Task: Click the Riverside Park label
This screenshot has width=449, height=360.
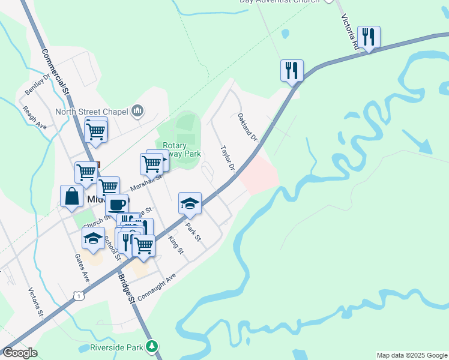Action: coord(116,347)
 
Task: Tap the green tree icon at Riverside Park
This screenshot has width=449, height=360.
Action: coord(152,346)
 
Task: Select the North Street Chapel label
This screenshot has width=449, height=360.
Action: coord(92,111)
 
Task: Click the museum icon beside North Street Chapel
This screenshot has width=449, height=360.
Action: coord(138,110)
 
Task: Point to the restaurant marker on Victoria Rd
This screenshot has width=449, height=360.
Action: coord(369,37)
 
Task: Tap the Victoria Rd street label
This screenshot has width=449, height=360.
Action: coord(351,32)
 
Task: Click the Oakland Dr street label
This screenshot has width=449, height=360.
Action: coord(247,127)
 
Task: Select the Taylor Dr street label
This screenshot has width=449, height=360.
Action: coord(227,158)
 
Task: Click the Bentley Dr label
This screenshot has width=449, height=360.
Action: coord(37,85)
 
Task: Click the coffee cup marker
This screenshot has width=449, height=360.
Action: coord(116,204)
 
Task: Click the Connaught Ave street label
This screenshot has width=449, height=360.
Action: coord(156,287)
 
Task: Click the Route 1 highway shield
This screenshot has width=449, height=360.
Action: coord(77,294)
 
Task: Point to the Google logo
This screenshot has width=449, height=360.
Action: coord(20,353)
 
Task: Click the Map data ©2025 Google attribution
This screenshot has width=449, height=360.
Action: coord(411,355)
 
